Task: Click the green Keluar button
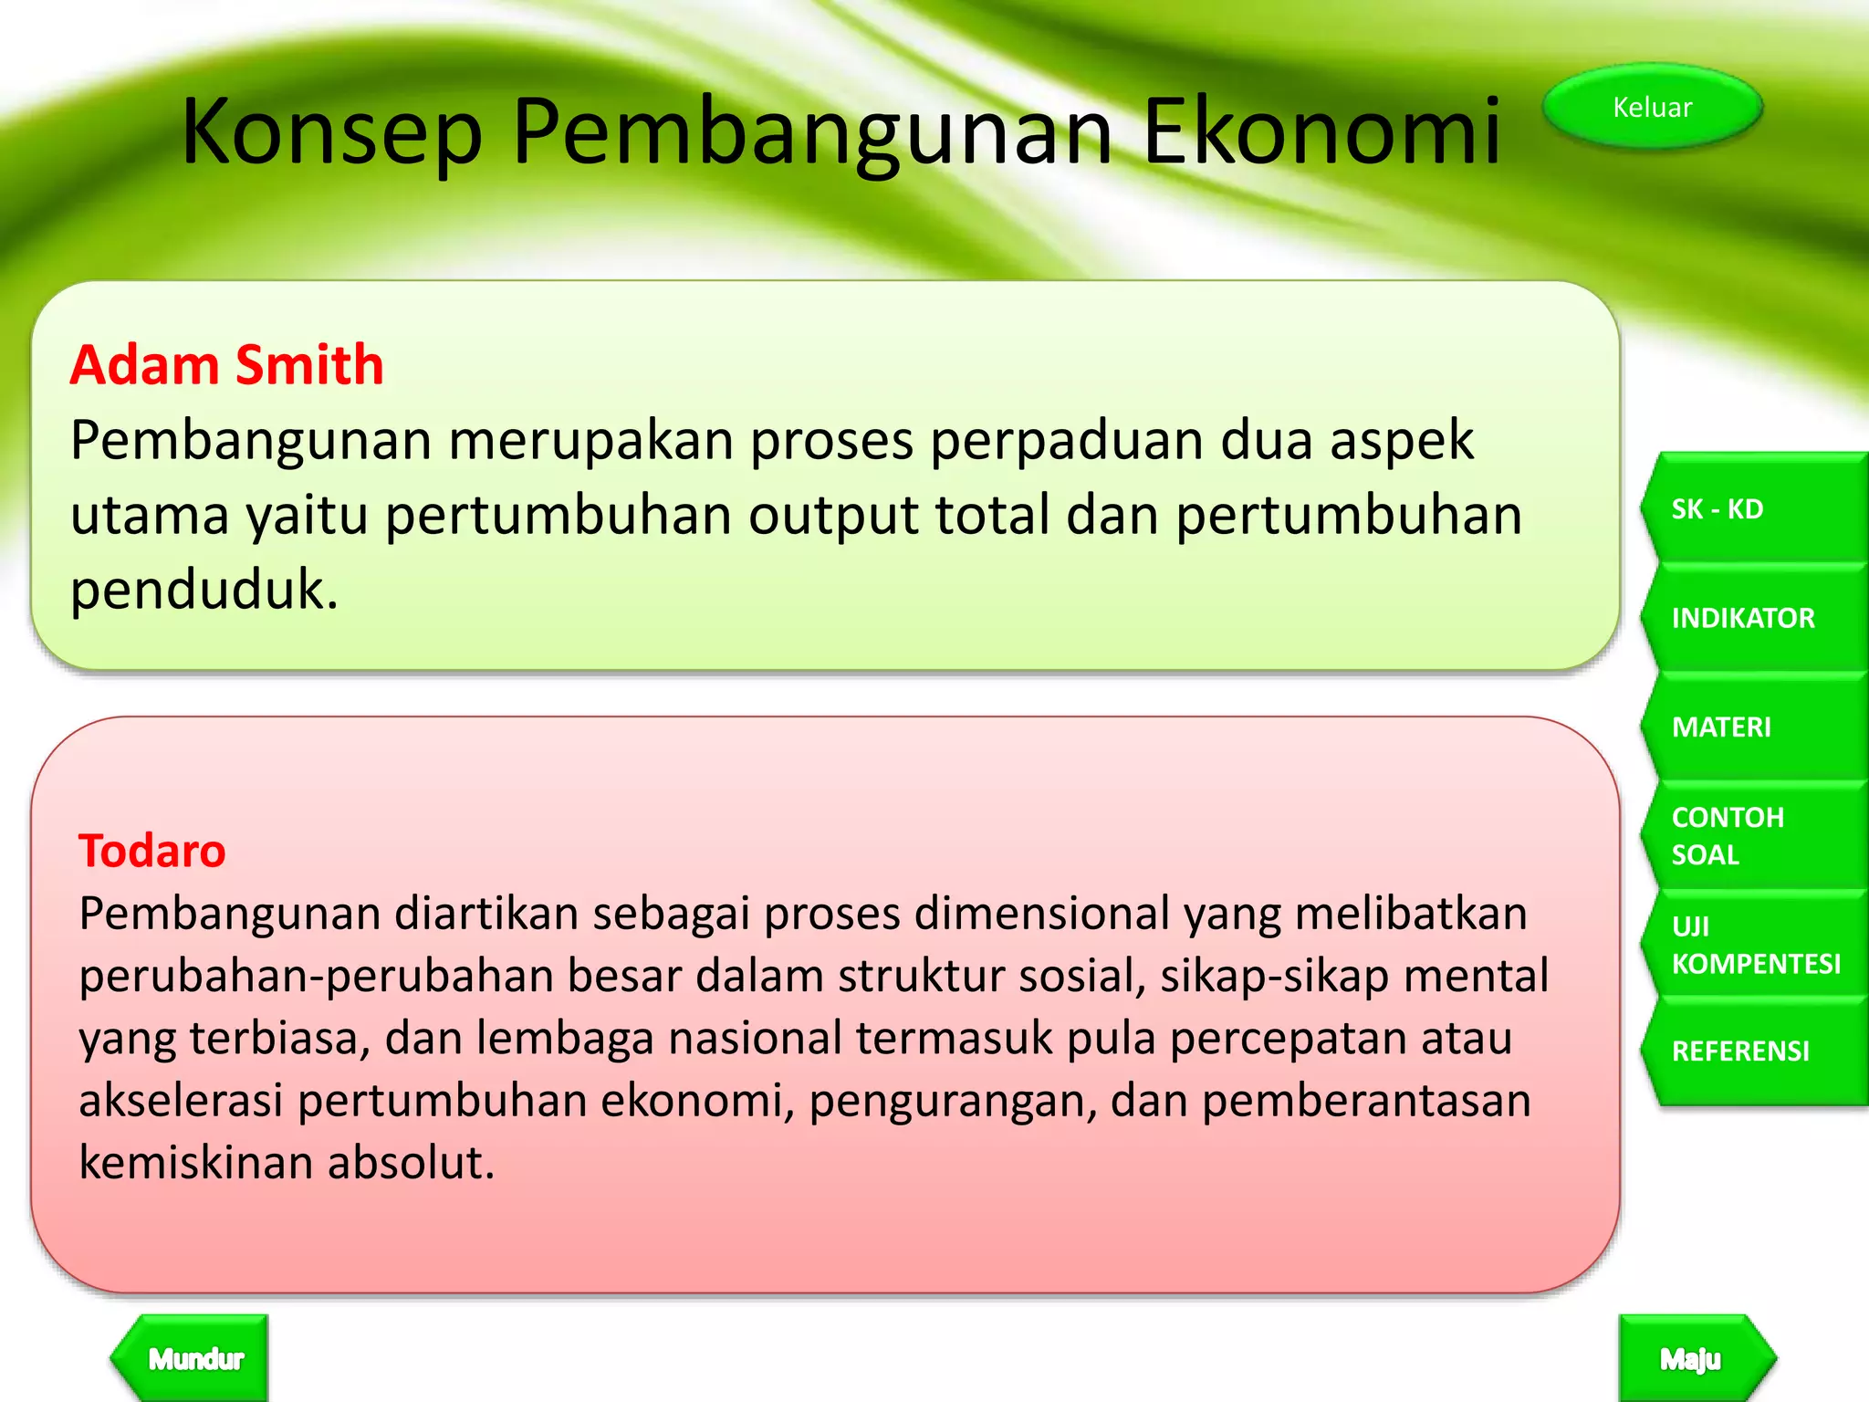point(1652,108)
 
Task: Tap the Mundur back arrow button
point(194,1359)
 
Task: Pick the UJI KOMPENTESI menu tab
point(1752,945)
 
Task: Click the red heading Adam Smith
point(226,365)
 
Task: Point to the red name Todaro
point(151,851)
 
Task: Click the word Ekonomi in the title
point(1321,132)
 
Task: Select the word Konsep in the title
point(331,132)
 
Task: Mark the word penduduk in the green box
point(204,590)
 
